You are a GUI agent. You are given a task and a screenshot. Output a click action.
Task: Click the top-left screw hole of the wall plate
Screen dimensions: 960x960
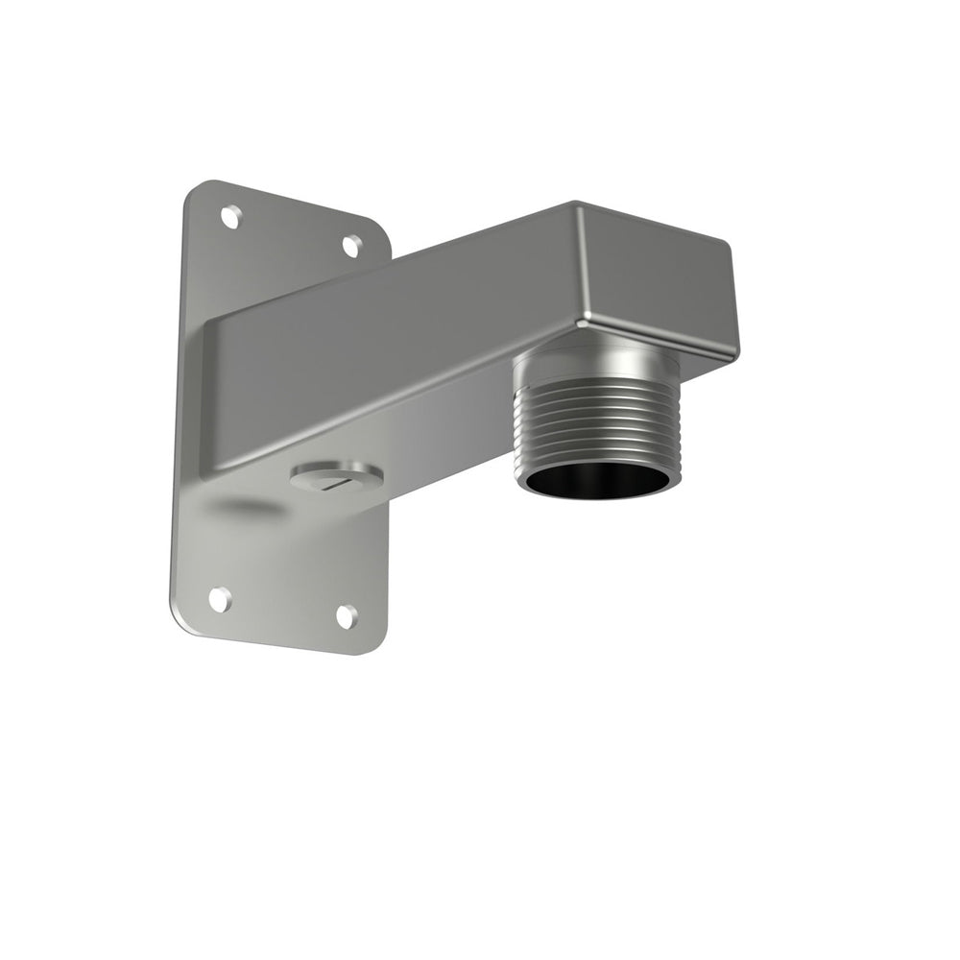(x=230, y=217)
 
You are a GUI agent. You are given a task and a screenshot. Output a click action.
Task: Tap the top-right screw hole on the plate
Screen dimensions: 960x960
(x=352, y=245)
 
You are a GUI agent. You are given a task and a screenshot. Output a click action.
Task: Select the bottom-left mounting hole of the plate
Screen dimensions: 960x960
(x=220, y=599)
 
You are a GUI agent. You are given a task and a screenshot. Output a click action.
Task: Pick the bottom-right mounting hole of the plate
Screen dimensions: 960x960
(x=347, y=616)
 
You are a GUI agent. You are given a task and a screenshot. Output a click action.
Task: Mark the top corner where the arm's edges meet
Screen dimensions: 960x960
(x=576, y=204)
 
